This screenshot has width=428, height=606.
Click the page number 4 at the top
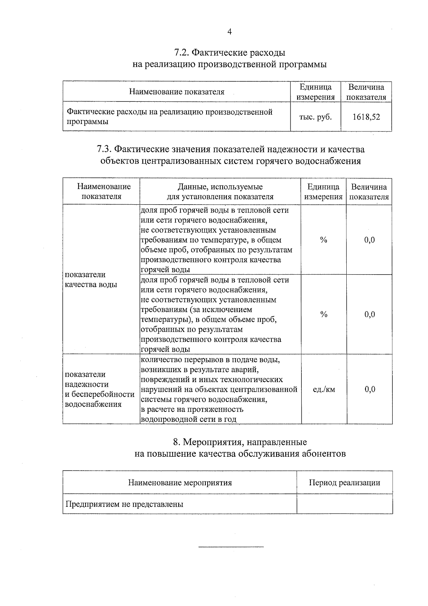point(230,32)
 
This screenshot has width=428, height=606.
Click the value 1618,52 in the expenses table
point(366,117)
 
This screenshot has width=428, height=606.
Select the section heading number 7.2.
point(182,53)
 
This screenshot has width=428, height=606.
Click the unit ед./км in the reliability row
point(323,389)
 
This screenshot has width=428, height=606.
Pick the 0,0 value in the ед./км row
point(370,389)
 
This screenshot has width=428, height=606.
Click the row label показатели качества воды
point(91,280)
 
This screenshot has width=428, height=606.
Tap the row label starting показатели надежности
point(99,389)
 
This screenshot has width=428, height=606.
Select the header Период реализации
point(344,483)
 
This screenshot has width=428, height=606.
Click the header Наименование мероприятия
point(180,483)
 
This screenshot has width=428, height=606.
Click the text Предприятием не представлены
point(124,504)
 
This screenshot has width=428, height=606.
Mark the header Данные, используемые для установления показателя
point(220,192)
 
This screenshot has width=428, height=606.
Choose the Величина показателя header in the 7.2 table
point(366,92)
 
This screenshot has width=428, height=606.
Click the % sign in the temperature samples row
point(323,240)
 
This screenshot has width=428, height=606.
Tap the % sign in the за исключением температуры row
point(323,315)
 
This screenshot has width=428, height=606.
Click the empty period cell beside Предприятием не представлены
point(344,504)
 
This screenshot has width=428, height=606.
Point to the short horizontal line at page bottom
point(231,547)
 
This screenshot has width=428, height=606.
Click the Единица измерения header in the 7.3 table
point(323,192)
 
